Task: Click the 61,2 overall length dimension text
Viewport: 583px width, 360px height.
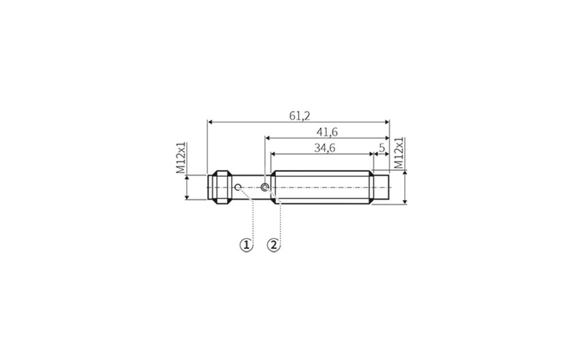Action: (300, 116)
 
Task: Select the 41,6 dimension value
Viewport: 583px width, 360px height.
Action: (327, 132)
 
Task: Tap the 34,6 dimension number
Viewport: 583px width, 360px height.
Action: (325, 148)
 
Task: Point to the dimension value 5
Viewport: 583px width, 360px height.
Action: (382, 147)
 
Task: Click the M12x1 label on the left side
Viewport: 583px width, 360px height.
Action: (181, 158)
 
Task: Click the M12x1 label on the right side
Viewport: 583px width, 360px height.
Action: (399, 154)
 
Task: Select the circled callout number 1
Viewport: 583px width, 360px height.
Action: (247, 245)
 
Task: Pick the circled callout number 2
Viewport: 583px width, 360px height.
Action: (274, 245)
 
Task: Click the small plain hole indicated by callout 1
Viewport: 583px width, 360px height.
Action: (238, 187)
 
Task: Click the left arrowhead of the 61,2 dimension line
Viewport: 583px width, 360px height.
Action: (210, 122)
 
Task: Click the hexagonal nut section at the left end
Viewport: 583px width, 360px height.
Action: (222, 187)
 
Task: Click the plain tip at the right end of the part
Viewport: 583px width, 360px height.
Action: (382, 187)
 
